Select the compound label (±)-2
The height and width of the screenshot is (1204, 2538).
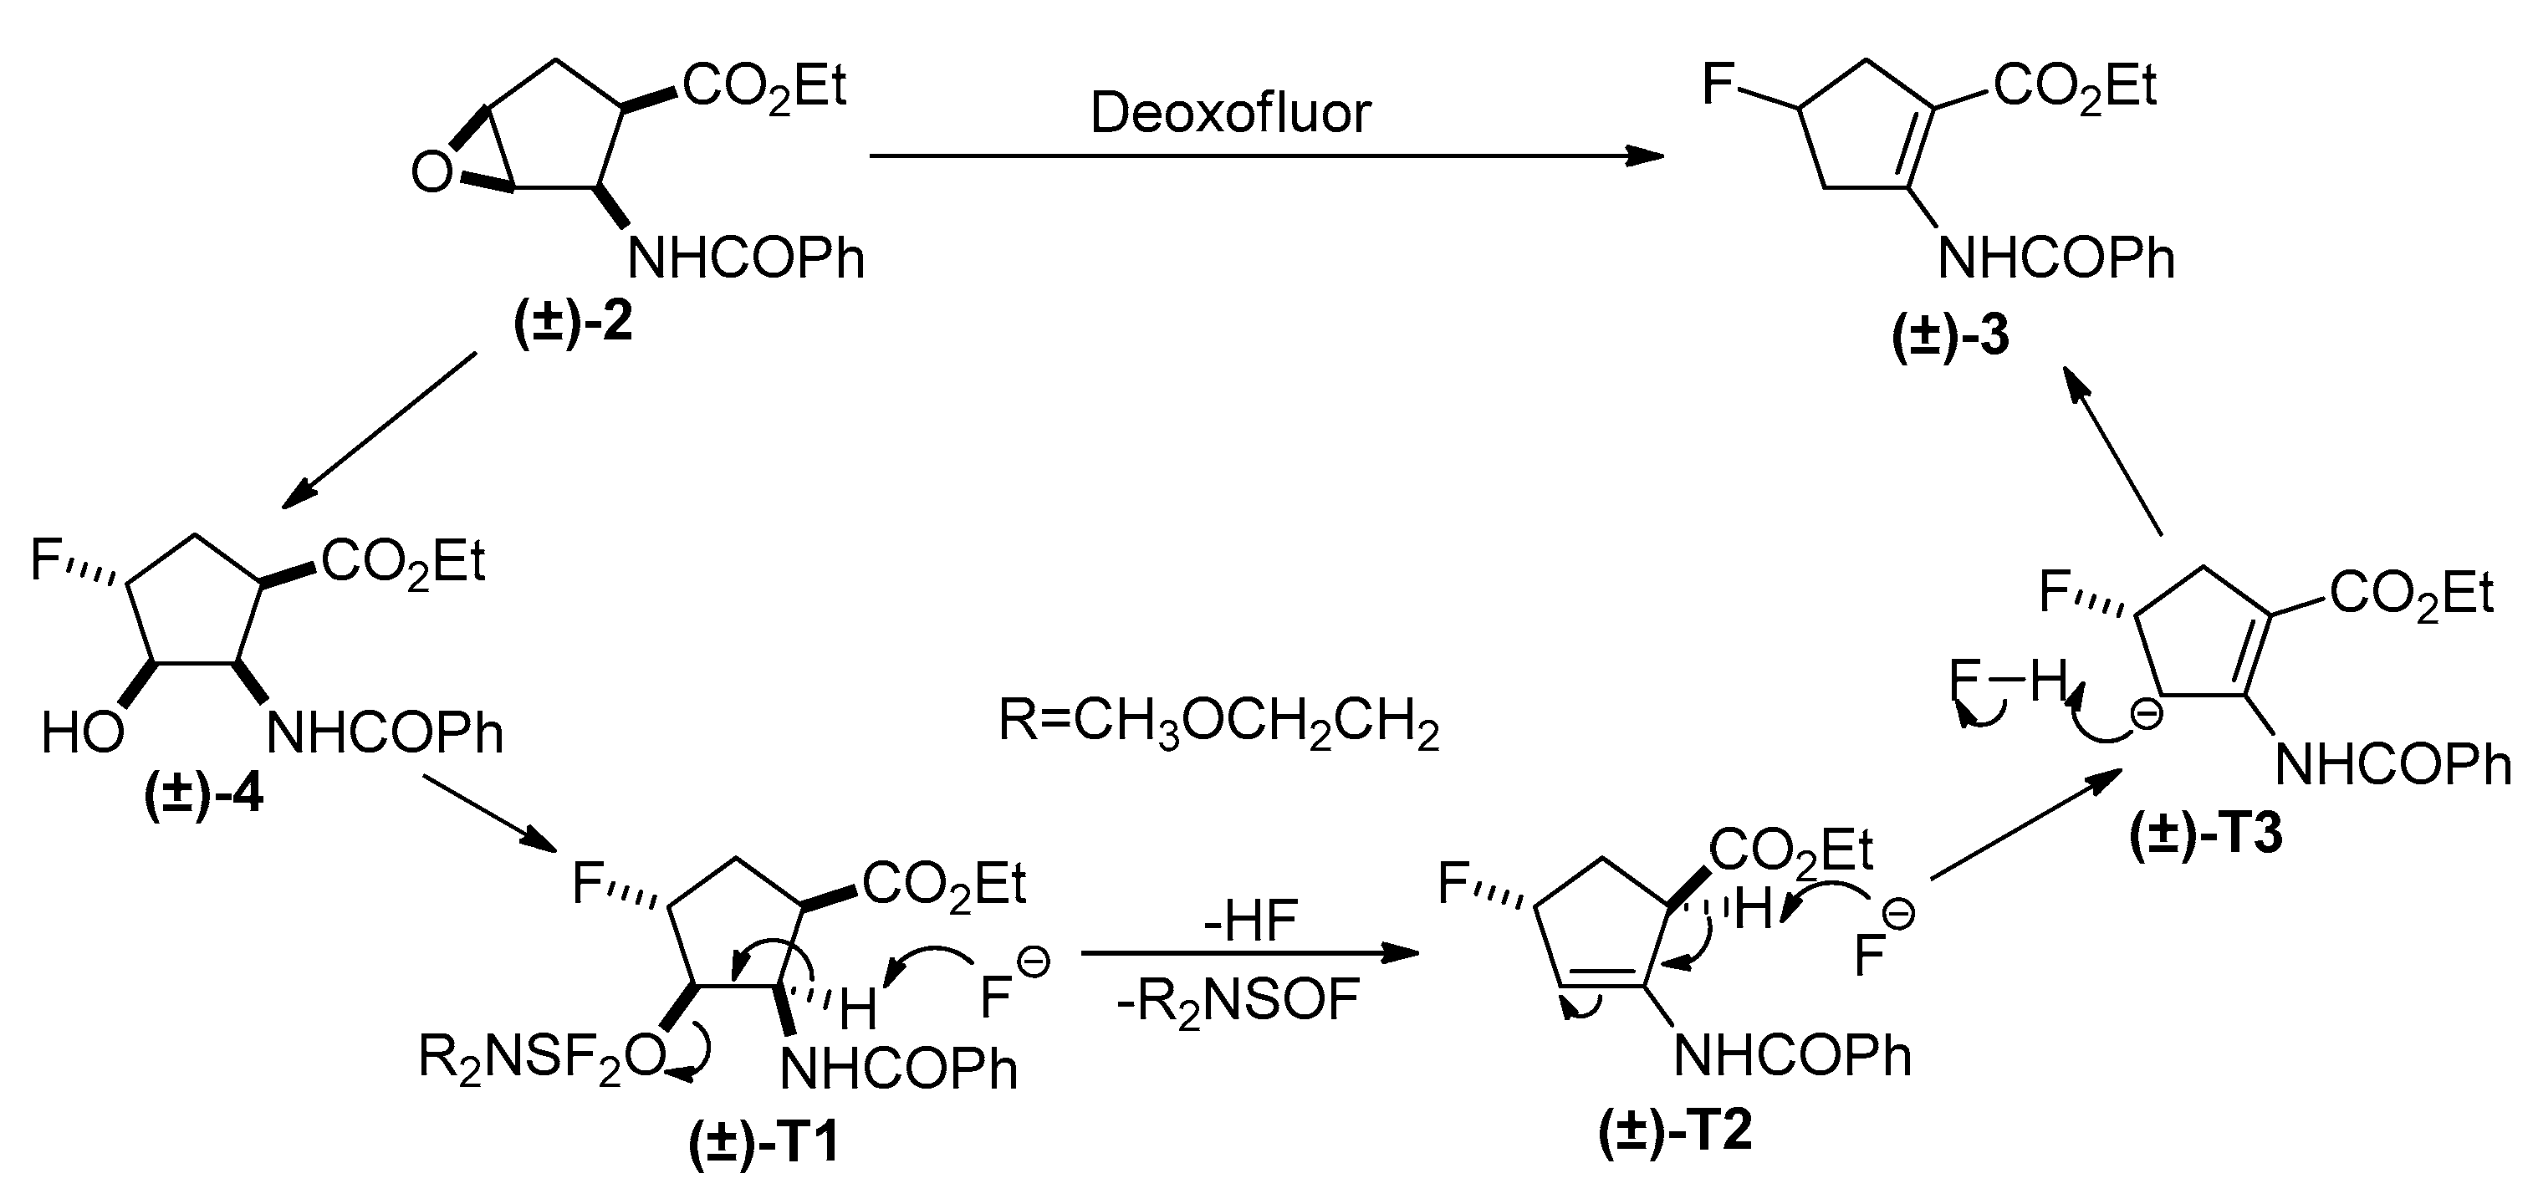574,321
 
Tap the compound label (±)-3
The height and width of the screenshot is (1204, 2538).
1951,336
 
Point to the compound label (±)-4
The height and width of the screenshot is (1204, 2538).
204,793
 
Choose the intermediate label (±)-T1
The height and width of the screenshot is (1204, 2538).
763,1143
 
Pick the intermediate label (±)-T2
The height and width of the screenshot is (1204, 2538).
1676,1130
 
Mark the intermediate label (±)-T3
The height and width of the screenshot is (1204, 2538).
2206,834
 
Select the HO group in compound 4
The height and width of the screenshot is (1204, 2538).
83,733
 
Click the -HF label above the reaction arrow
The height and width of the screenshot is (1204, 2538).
1249,921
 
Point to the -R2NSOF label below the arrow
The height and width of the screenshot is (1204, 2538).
1238,1002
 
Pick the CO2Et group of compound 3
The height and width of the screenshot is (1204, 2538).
2075,87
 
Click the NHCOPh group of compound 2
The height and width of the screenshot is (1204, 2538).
746,259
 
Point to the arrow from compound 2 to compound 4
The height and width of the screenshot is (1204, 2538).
380,431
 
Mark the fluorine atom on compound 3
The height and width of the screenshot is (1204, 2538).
1718,86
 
